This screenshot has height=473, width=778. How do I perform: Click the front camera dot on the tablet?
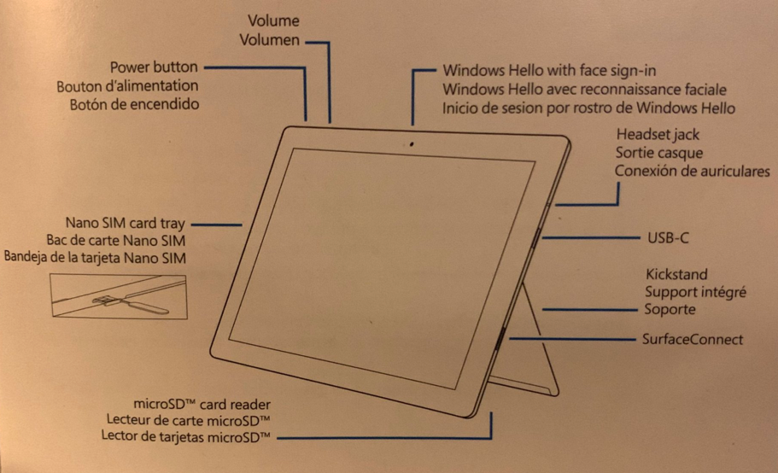(x=412, y=144)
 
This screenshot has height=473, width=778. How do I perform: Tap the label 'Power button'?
(x=154, y=67)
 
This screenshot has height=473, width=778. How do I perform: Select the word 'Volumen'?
(x=269, y=39)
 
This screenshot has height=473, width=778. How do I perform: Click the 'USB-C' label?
(x=668, y=238)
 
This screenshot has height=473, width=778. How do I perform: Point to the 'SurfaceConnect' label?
(x=693, y=339)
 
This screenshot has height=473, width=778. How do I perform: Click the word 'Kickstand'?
(x=676, y=274)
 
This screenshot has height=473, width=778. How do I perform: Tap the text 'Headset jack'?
(x=658, y=134)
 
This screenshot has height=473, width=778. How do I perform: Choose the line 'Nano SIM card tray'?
(x=125, y=223)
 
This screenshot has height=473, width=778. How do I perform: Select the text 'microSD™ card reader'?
(x=202, y=404)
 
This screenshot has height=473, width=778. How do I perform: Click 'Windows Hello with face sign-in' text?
(x=549, y=70)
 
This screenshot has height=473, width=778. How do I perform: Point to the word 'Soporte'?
(x=670, y=309)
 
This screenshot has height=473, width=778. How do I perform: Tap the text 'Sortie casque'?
(x=659, y=153)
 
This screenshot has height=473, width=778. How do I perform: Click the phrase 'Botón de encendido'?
(x=134, y=104)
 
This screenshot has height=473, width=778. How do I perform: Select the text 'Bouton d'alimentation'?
(x=127, y=85)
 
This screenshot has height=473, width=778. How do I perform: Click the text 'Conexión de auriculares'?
(x=692, y=171)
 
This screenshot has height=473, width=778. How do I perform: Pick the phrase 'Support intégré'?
(x=696, y=292)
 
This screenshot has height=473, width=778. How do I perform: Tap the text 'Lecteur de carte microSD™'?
(x=189, y=420)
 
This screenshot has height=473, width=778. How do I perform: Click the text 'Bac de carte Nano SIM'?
(x=115, y=241)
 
